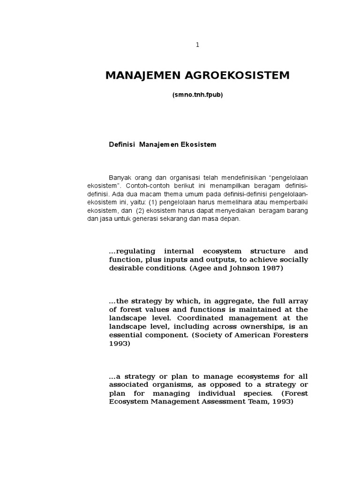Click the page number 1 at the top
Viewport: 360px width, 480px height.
[x=197, y=45]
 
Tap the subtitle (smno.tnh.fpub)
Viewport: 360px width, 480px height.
[x=197, y=95]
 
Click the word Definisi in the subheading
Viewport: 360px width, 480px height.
[x=121, y=144]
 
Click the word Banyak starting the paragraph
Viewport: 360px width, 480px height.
[x=119, y=177]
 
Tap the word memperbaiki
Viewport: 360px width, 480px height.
[x=290, y=202]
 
